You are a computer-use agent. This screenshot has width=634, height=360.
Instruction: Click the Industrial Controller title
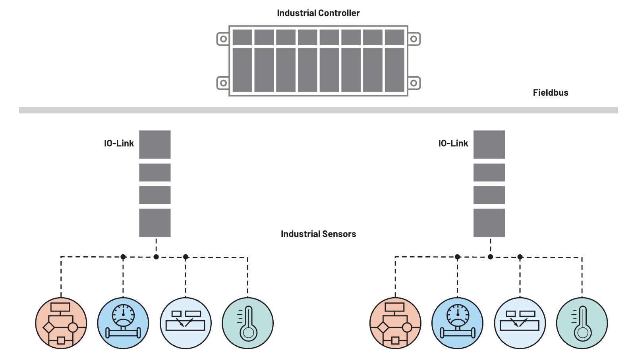pyautogui.click(x=318, y=13)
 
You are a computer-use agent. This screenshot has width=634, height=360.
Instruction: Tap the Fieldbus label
pyautogui.click(x=550, y=93)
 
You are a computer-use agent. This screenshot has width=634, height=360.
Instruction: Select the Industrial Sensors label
pyautogui.click(x=318, y=234)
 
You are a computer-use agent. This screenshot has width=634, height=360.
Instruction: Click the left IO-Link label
pyautogui.click(x=119, y=143)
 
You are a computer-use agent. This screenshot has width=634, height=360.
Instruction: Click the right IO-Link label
pyautogui.click(x=453, y=143)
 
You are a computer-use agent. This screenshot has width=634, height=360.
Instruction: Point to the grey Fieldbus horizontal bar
pyautogui.click(x=318, y=110)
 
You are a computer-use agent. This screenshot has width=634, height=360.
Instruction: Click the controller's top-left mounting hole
pyautogui.click(x=224, y=39)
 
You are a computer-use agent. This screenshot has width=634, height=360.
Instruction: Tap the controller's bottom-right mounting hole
pyautogui.click(x=414, y=83)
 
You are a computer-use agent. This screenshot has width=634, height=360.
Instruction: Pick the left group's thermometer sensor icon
pyautogui.click(x=247, y=323)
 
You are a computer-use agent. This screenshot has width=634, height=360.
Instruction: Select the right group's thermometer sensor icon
pyautogui.click(x=582, y=323)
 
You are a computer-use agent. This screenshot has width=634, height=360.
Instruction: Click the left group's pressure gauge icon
pyautogui.click(x=123, y=323)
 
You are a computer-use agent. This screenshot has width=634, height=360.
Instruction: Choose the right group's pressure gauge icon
pyautogui.click(x=457, y=323)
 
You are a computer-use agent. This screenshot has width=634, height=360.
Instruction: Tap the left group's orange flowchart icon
pyautogui.click(x=61, y=323)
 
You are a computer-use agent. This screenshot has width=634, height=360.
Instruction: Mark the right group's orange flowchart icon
pyautogui.click(x=395, y=323)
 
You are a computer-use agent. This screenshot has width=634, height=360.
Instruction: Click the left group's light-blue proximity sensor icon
pyautogui.click(x=186, y=323)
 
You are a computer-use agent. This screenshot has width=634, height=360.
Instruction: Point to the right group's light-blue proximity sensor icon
pyautogui.click(x=520, y=323)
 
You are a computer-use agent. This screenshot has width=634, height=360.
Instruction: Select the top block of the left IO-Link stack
pyautogui.click(x=155, y=145)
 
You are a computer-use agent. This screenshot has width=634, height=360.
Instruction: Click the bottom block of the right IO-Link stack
pyautogui.click(x=489, y=223)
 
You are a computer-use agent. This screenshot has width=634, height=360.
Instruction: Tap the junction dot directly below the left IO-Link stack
pyautogui.click(x=156, y=257)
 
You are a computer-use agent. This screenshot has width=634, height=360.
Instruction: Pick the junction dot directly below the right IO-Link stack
pyautogui.click(x=490, y=257)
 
